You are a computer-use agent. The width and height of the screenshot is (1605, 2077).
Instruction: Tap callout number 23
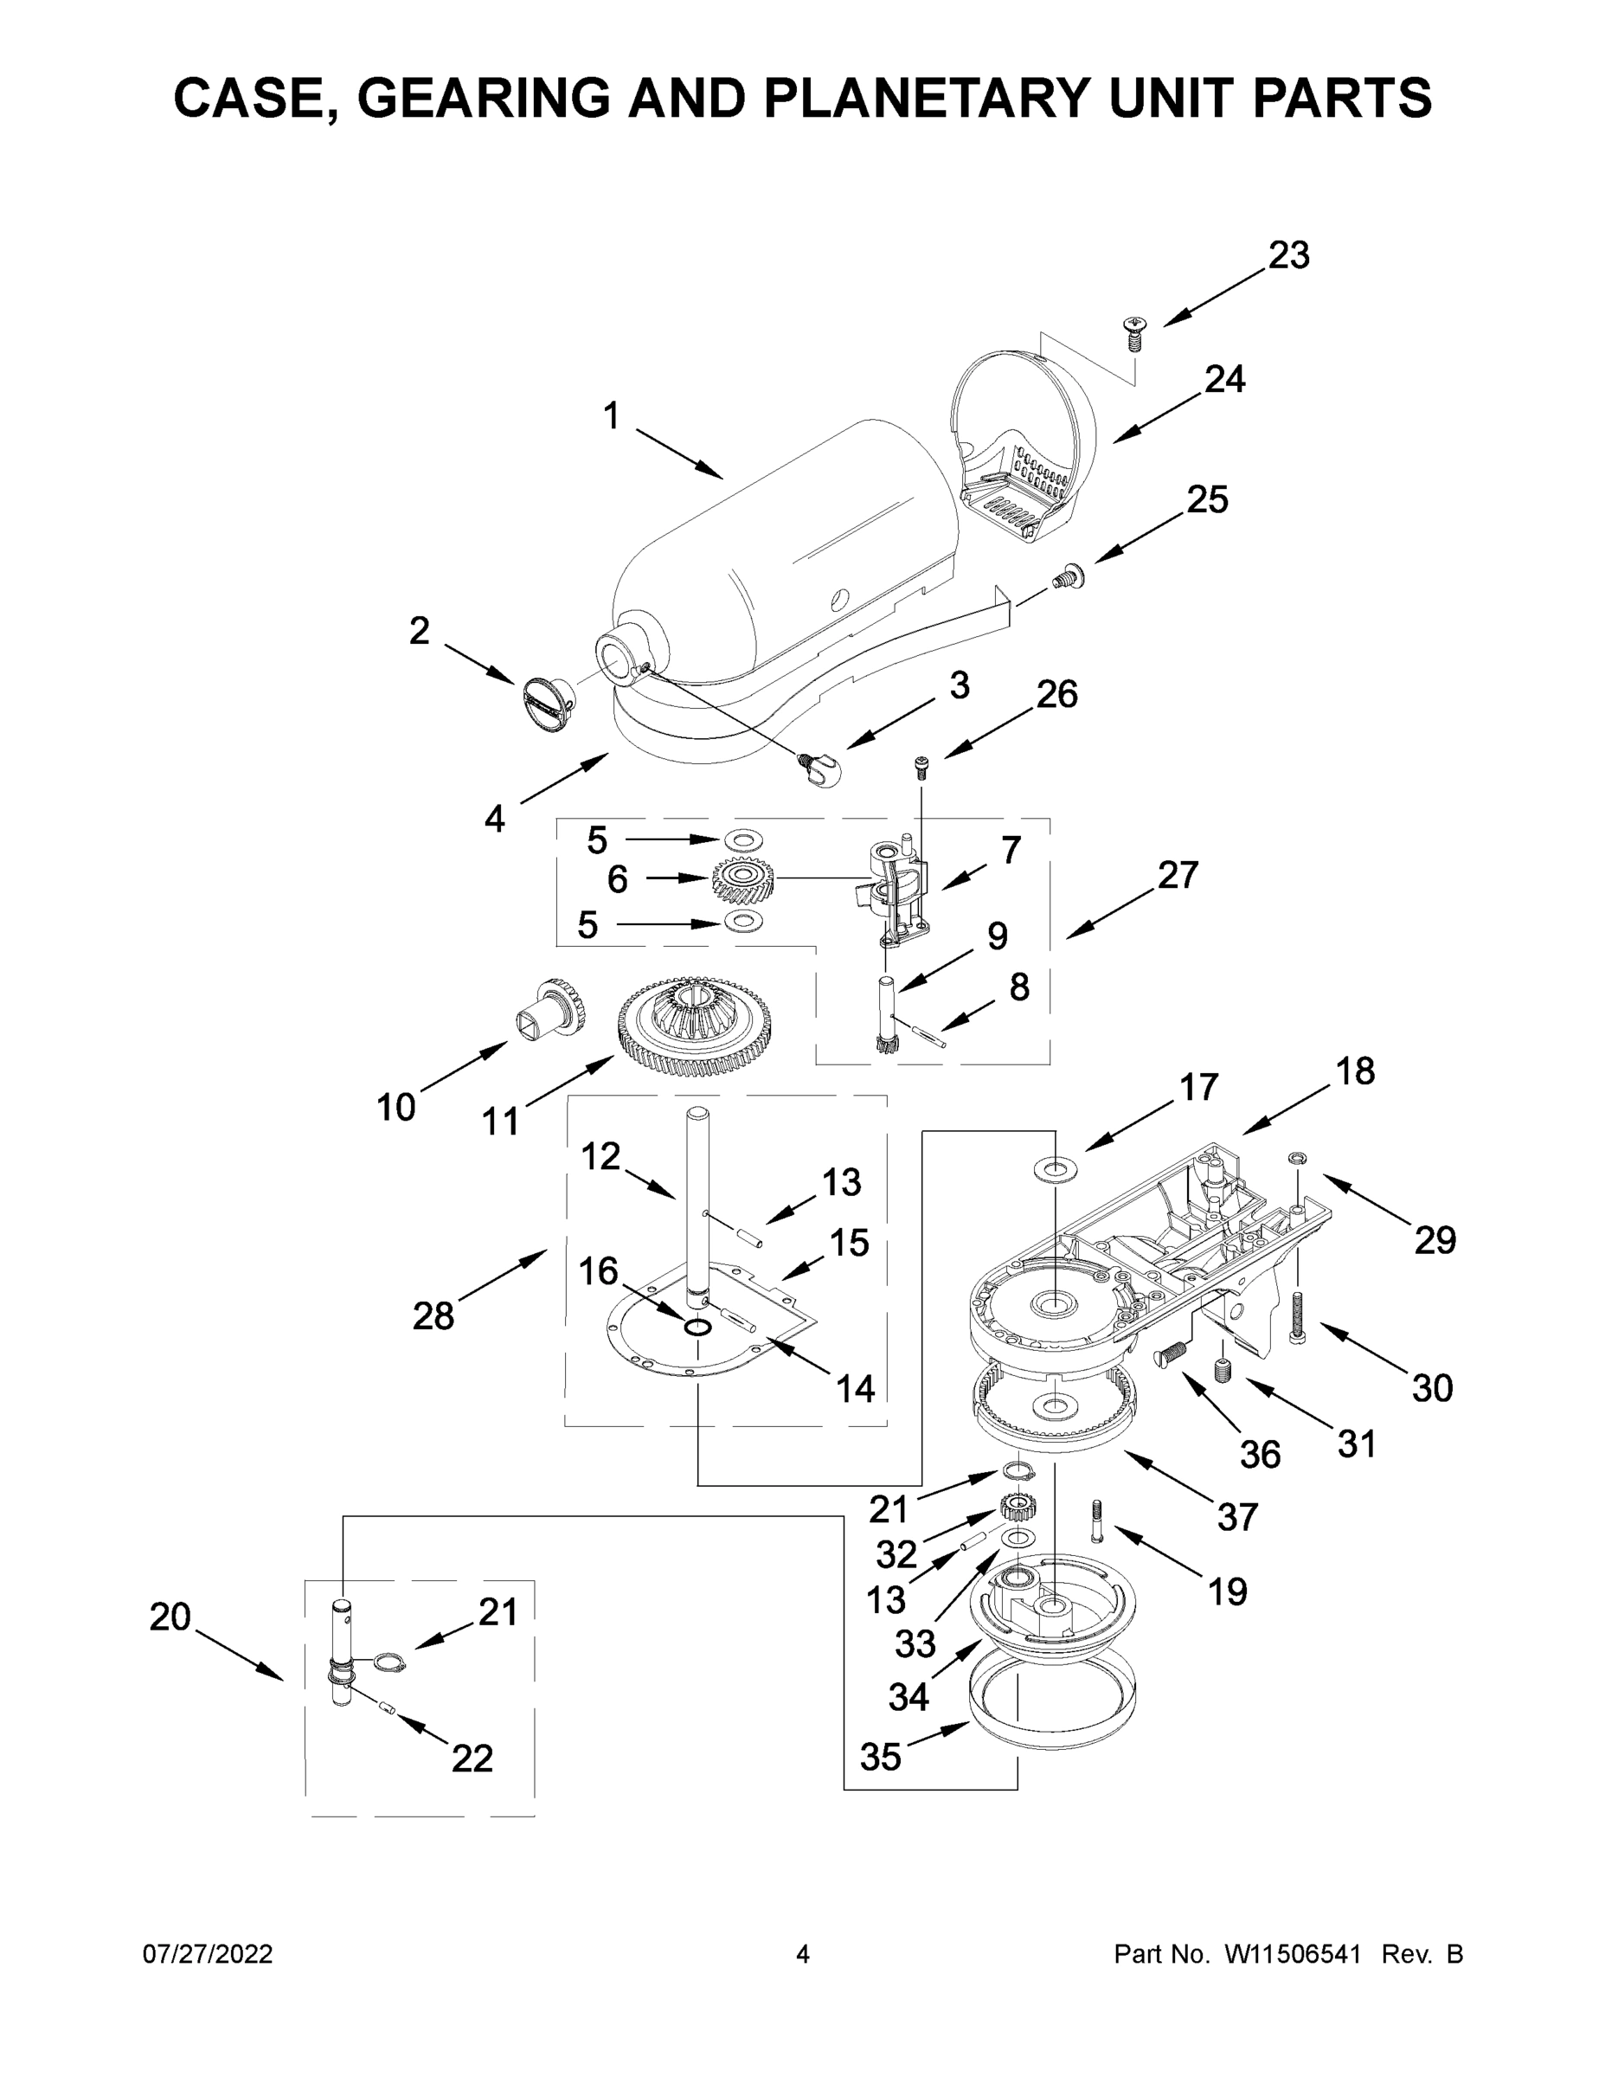pos(1288,255)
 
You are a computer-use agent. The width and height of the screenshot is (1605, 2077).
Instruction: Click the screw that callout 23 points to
pos(1133,333)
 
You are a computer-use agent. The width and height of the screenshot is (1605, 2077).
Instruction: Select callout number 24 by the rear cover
pos(1224,378)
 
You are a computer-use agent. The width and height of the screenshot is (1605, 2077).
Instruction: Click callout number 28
pos(433,1316)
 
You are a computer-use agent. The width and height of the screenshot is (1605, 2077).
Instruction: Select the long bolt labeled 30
pos(1297,1317)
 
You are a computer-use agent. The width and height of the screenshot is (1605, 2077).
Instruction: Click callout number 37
pos(1237,1518)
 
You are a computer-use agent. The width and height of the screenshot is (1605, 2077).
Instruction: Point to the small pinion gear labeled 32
pos(1018,1508)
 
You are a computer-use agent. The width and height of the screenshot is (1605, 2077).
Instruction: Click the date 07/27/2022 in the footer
pos(208,1954)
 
